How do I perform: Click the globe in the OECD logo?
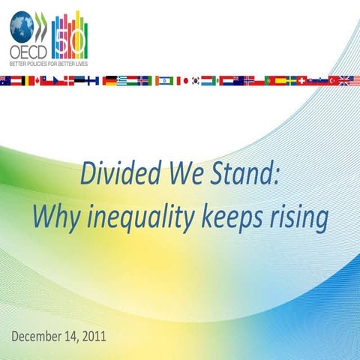(22, 30)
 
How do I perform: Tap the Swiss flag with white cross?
(302, 80)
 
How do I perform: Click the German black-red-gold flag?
(109, 80)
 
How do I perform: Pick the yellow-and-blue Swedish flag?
(289, 80)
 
